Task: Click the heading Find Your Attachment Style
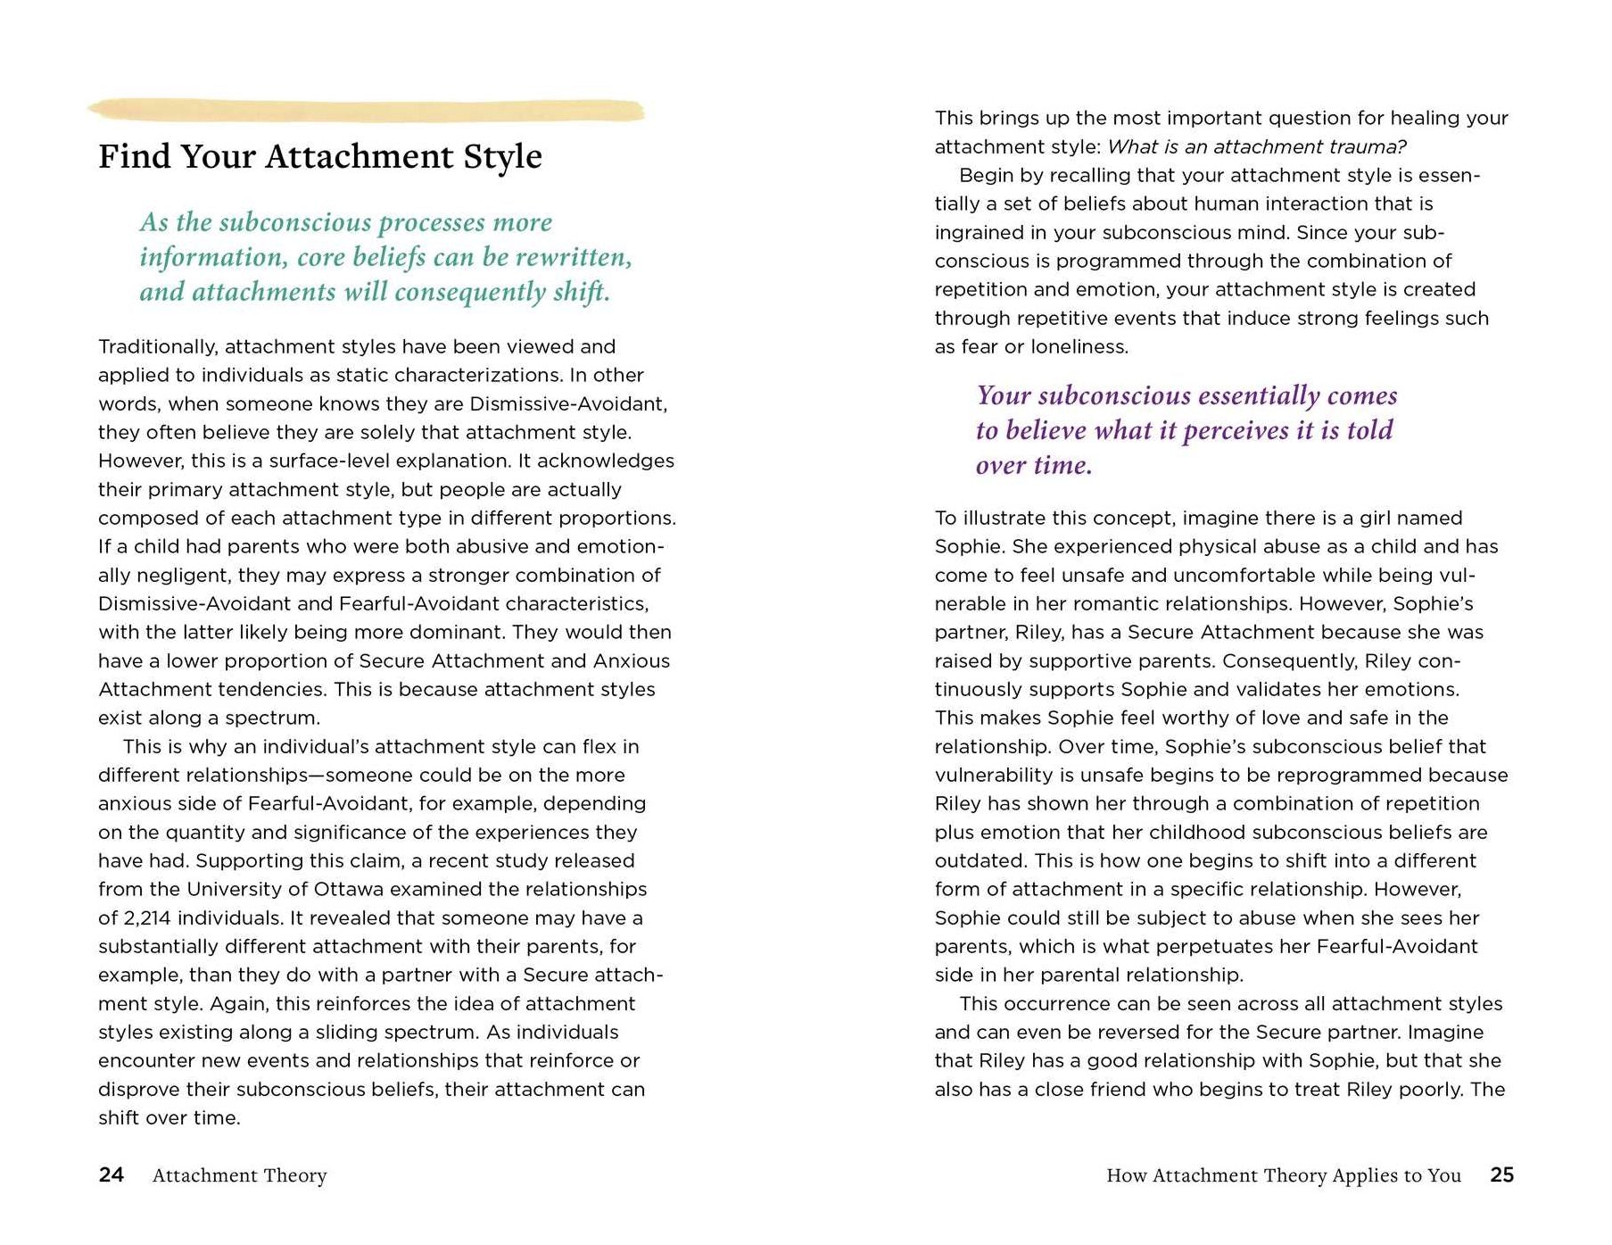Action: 319,157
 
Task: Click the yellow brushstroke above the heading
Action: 366,111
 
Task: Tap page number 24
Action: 111,1174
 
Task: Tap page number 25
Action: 1501,1174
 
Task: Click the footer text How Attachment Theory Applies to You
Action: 1283,1175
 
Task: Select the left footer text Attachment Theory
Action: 239,1175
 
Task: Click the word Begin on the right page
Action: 987,176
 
